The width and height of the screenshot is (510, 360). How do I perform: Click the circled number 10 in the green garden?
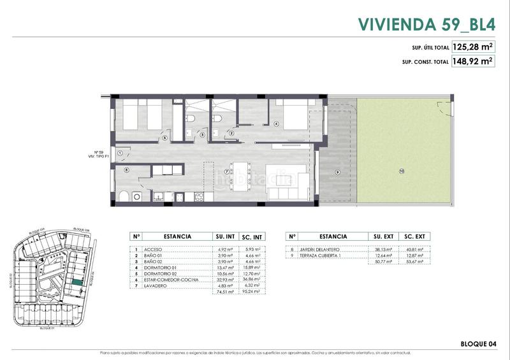pos(402,171)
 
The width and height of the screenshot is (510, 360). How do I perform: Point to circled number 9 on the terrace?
pos(337,172)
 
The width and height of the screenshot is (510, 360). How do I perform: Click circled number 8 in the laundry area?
pos(127,169)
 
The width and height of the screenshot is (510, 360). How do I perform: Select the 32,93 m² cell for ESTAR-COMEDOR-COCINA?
pos(225,280)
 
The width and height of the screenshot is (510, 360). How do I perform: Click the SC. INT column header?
pos(253,236)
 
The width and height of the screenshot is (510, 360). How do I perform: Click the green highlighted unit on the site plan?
pos(76,283)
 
